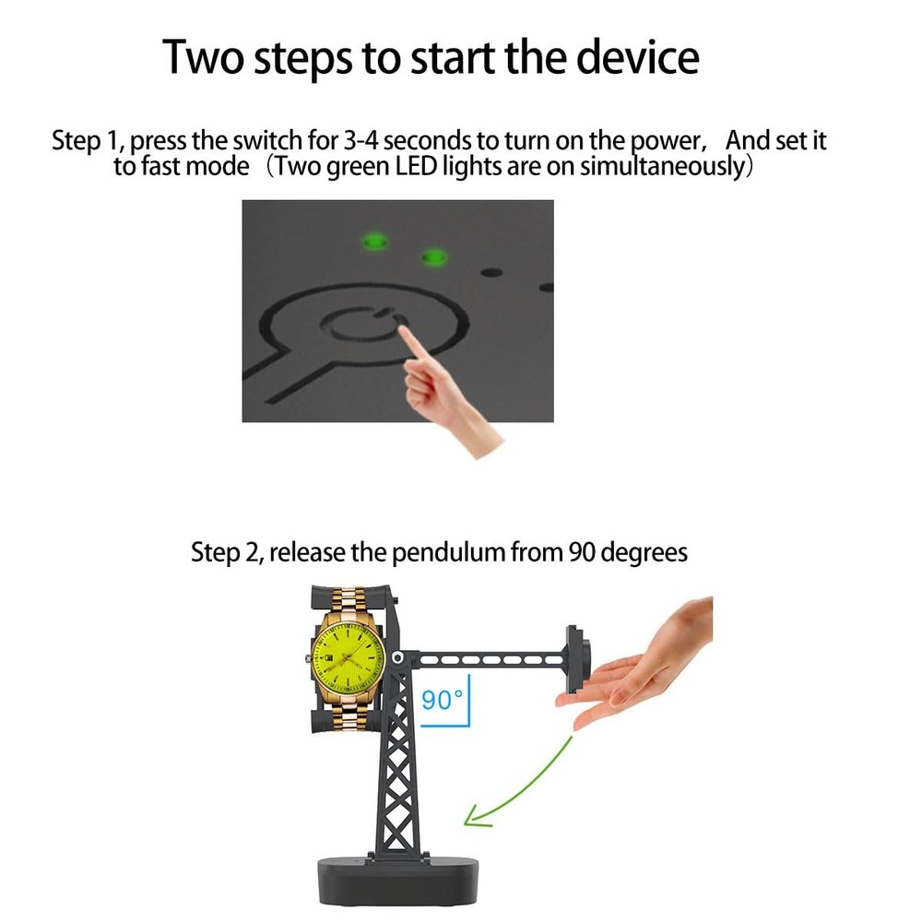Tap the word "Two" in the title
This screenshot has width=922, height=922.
pos(203,56)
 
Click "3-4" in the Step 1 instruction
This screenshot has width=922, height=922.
pos(361,140)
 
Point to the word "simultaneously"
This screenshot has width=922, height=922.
pos(662,166)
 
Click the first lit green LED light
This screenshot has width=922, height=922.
pos(374,241)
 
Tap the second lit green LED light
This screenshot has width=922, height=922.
pos(434,257)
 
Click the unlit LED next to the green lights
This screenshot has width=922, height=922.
pos(491,272)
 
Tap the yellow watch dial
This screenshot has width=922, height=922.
pos(348,656)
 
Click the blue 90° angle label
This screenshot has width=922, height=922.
pos(443,700)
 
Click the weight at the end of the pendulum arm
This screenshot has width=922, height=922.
pos(577,658)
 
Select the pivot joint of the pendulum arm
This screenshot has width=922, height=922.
pos(398,656)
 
